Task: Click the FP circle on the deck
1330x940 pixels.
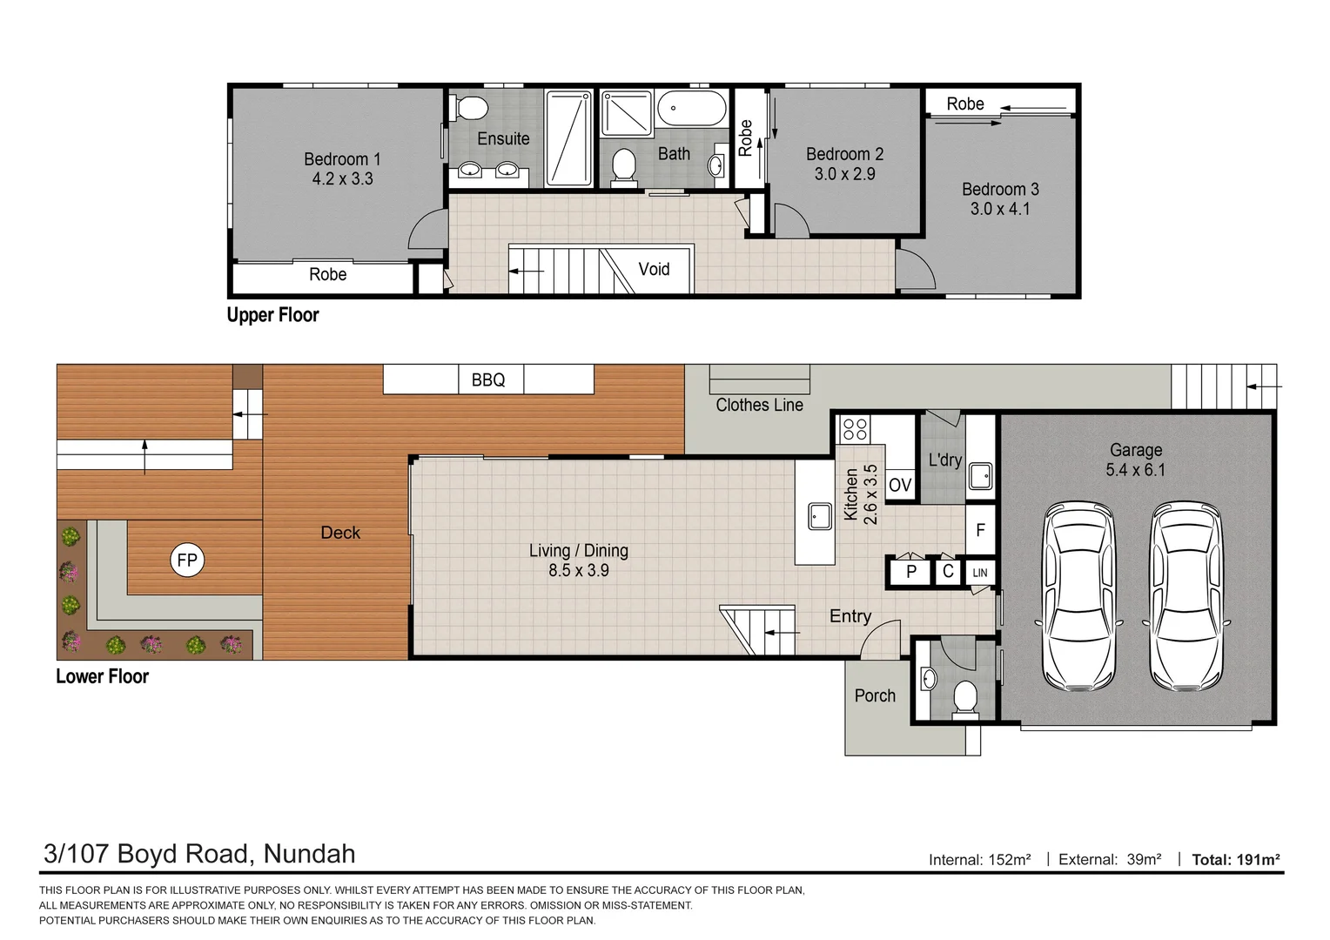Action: click(x=187, y=560)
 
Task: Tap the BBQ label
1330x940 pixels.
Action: click(x=488, y=380)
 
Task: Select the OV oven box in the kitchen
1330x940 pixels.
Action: click(x=899, y=485)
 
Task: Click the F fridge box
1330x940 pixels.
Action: click(x=980, y=529)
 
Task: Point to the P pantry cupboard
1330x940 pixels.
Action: click(x=910, y=572)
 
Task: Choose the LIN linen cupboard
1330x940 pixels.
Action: click(x=980, y=573)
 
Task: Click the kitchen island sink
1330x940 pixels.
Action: click(x=819, y=516)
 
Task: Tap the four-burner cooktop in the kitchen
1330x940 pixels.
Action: click(x=855, y=429)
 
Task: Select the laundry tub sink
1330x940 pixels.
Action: click(x=980, y=476)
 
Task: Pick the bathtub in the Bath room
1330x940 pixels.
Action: click(x=692, y=108)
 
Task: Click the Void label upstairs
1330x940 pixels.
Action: click(x=654, y=270)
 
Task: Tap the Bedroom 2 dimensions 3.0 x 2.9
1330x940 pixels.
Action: click(x=844, y=174)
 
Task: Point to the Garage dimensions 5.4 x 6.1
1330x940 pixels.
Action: click(x=1135, y=470)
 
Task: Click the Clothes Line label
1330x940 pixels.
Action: click(x=759, y=405)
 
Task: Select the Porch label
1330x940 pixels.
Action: click(x=875, y=695)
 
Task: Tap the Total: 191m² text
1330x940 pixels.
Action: click(x=1236, y=859)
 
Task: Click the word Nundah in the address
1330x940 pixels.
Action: click(x=309, y=854)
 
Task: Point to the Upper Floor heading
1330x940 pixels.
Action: click(x=273, y=315)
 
